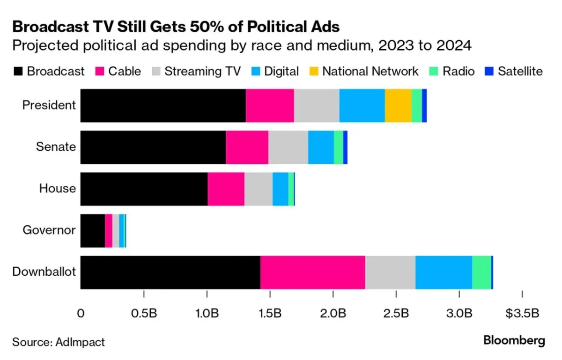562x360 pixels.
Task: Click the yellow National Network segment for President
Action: pos(398,106)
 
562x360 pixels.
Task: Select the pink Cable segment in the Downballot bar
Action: pos(312,272)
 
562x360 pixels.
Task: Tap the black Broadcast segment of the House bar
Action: pos(144,189)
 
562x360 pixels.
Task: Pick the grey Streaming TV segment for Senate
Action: pos(288,147)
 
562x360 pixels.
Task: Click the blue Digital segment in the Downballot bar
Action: pos(444,272)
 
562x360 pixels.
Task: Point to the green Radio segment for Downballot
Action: pos(481,272)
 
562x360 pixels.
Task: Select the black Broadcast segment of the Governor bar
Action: pos(93,231)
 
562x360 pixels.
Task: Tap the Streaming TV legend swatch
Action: pos(156,71)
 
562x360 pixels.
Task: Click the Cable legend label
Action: pos(125,71)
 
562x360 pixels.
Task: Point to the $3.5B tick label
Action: pos(522,313)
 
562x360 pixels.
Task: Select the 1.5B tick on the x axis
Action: pos(270,313)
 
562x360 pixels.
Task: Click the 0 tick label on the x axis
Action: pos(81,313)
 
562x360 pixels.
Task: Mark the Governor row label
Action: pos(49,230)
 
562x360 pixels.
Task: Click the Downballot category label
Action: pos(44,272)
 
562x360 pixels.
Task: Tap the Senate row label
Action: pos(56,147)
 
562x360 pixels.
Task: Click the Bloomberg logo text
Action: pos(514,340)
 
